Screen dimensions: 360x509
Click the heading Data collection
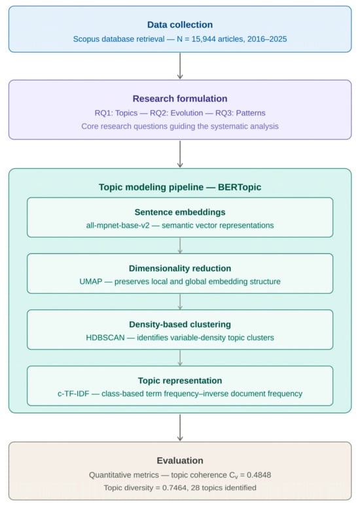[180, 25]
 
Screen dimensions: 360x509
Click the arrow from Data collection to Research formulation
[180, 66]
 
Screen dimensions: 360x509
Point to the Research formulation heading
[180, 99]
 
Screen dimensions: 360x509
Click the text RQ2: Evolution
[177, 113]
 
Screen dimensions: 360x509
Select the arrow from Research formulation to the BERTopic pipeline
[180, 154]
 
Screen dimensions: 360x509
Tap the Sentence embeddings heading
[180, 212]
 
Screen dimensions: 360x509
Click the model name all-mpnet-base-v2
[118, 225]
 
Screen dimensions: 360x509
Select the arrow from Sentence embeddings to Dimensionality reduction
[180, 245]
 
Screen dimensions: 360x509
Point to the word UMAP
[90, 281]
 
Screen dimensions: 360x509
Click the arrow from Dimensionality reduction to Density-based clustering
[180, 302]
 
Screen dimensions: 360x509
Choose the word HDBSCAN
[105, 338]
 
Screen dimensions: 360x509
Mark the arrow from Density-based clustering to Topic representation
[180, 358]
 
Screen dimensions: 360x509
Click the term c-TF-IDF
[73, 394]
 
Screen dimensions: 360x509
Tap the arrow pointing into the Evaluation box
[180, 427]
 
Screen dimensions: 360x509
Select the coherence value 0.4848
[259, 475]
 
